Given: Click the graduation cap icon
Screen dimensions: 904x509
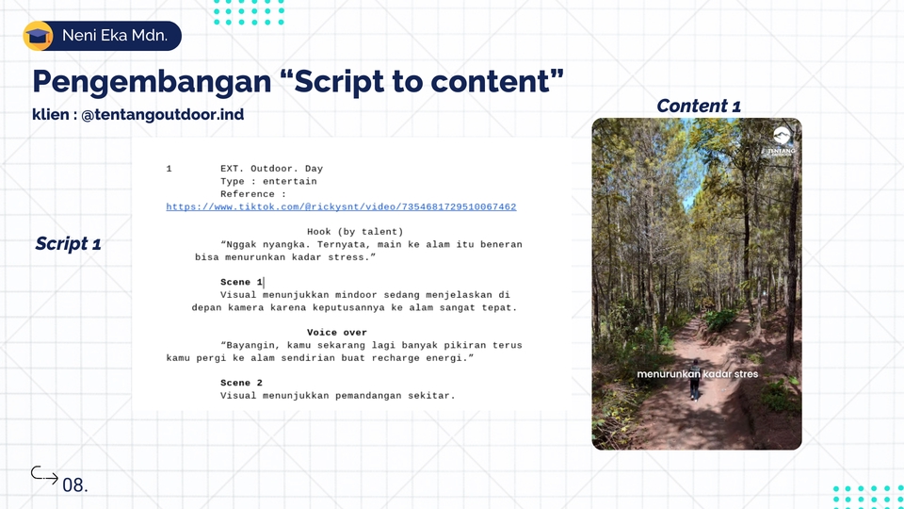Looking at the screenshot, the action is tap(38, 36).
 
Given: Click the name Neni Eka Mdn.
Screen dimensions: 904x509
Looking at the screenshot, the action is tap(115, 35).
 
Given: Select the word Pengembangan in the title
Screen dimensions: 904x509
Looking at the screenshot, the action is tap(152, 82).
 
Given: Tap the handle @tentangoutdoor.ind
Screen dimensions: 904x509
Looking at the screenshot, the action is tap(163, 114).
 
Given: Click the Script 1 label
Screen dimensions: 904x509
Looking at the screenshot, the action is tap(68, 243).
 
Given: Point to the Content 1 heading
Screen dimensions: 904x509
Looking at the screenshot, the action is tap(698, 106).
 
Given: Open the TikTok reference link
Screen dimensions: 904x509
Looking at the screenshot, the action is tap(341, 206).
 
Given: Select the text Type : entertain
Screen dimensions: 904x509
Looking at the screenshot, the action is tap(268, 181).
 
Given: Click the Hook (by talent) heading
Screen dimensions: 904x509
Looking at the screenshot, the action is tap(355, 232).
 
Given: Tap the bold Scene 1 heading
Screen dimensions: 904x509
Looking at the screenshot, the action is tap(242, 282).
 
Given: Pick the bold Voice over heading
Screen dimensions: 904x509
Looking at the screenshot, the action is tap(337, 333).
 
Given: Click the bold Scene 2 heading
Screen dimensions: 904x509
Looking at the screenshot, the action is tap(242, 383).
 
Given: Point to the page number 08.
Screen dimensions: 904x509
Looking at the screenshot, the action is tap(75, 485).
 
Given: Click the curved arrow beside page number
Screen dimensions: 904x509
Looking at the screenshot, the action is tap(44, 474).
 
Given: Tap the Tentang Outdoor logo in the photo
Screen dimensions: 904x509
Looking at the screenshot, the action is tap(782, 142).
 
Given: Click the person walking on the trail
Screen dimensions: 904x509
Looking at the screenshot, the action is tap(695, 379).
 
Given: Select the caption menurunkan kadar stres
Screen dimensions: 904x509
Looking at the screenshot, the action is tap(698, 374).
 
